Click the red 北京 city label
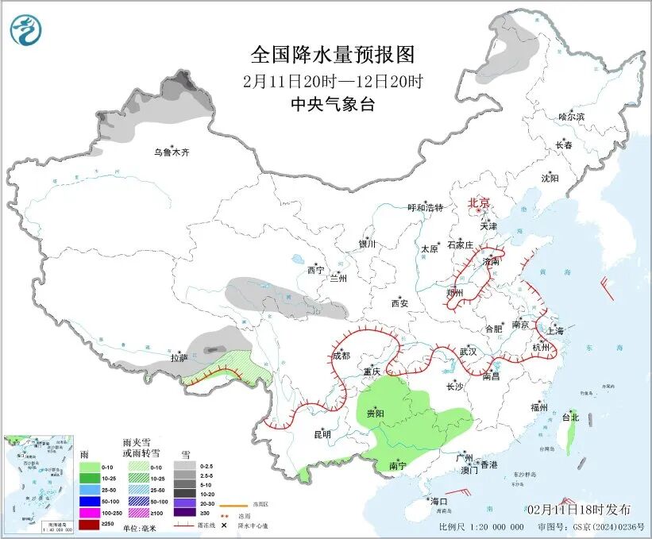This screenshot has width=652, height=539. point(479,202)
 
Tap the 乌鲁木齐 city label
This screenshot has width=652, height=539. point(172,152)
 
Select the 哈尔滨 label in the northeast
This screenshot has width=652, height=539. point(570,117)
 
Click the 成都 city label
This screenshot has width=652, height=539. point(341,356)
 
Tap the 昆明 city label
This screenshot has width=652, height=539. point(322,434)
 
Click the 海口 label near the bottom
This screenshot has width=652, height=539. point(439,502)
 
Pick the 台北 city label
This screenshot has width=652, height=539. point(570,417)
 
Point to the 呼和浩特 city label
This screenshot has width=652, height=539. point(425,208)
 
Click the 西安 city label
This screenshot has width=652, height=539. point(399,303)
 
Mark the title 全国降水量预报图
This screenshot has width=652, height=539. point(333,54)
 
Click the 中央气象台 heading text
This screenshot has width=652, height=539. point(333,104)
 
